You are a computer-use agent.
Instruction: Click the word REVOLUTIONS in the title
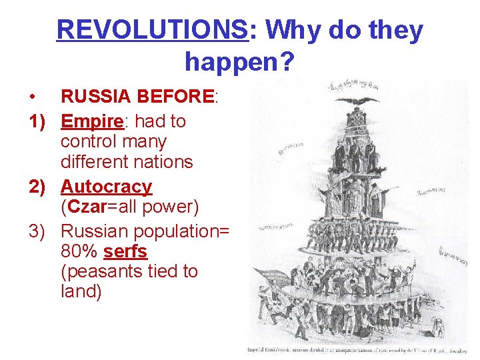tap(152, 31)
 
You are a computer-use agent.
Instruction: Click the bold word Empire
tap(94, 121)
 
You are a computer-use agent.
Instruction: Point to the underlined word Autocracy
tap(107, 187)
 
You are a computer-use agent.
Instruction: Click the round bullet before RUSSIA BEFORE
tap(33, 97)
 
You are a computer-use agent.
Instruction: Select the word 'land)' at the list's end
tap(81, 292)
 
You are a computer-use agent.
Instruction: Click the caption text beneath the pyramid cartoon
tap(360, 349)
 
